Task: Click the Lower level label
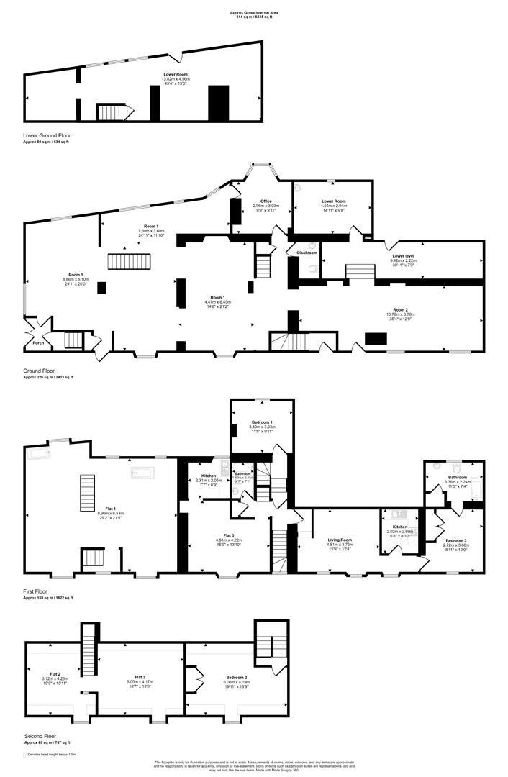coord(403,255)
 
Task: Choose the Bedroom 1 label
coord(261,422)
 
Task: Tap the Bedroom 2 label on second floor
coord(236,678)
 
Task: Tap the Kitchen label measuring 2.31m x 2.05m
coord(209,480)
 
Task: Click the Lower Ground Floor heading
coord(46,135)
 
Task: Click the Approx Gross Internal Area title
coord(254,12)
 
